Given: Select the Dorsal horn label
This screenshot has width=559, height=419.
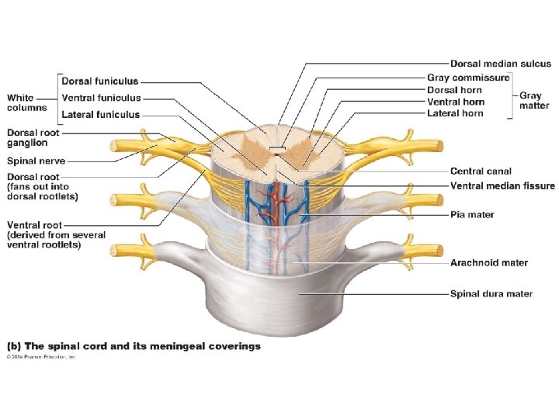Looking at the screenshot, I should (x=454, y=90).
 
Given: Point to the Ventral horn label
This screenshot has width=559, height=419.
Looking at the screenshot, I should (x=456, y=102).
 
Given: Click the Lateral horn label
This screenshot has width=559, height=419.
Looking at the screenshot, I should (x=455, y=113).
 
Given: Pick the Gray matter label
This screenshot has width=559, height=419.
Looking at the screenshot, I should (x=534, y=101).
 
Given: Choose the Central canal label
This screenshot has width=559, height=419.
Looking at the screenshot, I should (x=481, y=171).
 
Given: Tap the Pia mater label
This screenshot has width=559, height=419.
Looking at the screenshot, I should (x=472, y=214).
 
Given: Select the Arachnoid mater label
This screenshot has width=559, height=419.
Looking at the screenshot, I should (x=489, y=263).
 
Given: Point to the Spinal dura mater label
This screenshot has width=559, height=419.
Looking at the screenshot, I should (x=491, y=294).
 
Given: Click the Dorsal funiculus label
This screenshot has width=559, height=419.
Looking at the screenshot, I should (x=100, y=81).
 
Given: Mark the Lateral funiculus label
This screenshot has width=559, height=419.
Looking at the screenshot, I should (x=100, y=115).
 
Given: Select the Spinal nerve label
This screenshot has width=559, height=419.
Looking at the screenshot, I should (x=36, y=161).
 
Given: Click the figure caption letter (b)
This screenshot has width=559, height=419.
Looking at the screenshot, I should (x=14, y=346).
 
